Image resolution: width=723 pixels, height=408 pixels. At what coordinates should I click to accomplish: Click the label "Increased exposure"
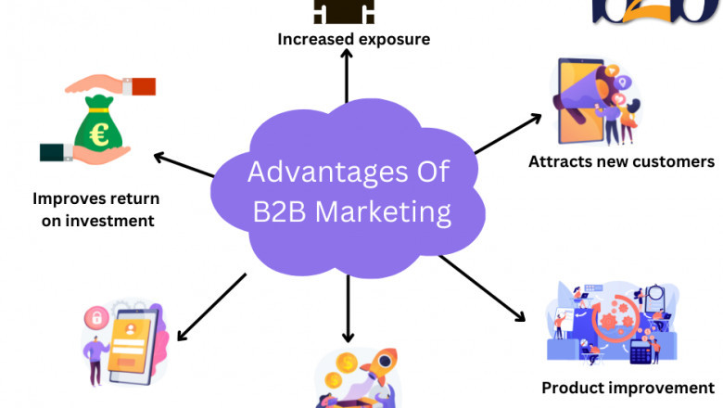coord(354,39)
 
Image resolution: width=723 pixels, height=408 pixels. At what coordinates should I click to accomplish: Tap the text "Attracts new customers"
coord(621,161)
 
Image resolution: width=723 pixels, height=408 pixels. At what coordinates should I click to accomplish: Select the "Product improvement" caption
coord(628,388)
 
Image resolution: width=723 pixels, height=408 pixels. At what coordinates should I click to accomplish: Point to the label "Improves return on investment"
coord(95,209)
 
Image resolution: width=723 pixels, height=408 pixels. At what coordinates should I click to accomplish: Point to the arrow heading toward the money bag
coord(185,164)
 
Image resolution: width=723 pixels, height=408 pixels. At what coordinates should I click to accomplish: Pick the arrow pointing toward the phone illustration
coord(210,305)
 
